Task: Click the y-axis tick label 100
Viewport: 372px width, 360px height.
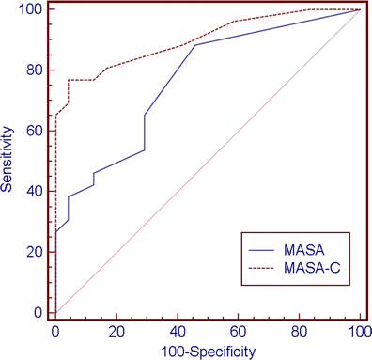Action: click(x=34, y=9)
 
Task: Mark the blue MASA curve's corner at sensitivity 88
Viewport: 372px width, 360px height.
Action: click(x=194, y=45)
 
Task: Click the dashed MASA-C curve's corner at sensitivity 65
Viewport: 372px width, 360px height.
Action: click(x=55, y=116)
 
